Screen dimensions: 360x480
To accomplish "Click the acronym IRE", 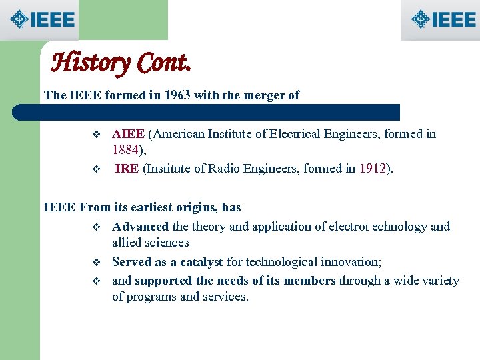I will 127,169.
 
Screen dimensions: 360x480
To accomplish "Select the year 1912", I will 373,169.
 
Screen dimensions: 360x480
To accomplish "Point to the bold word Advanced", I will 140,227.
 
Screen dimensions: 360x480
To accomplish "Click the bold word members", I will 309,281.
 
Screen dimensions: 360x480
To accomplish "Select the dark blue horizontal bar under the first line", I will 220,112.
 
